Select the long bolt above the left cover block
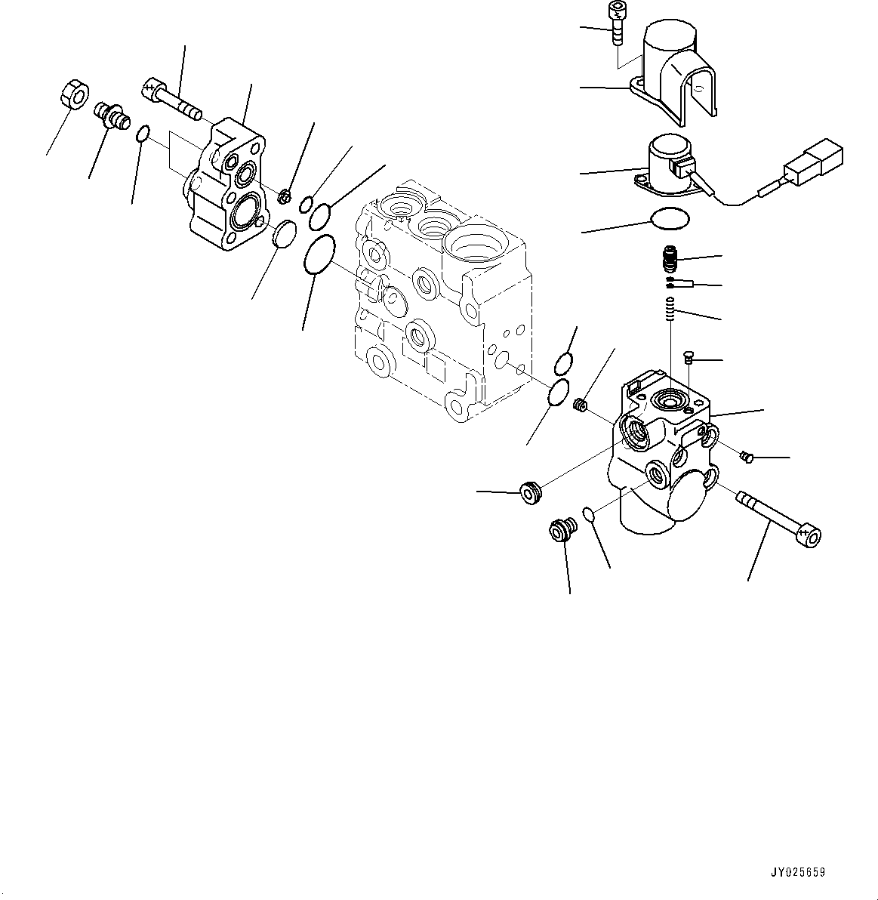pos(171,100)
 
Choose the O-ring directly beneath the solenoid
pos(670,220)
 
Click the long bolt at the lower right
pos(778,519)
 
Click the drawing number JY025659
pos(798,872)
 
